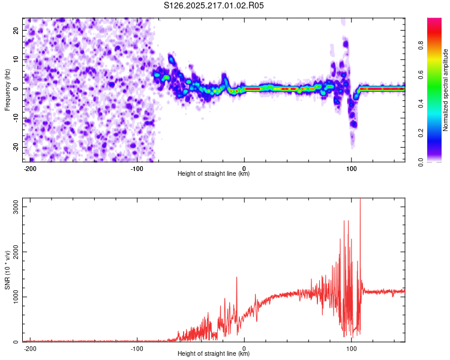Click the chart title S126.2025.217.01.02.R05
(x=214, y=5)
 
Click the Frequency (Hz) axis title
(x=7, y=90)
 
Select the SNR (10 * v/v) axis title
(x=7, y=270)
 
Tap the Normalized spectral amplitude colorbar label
(x=445, y=90)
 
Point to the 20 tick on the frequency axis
(x=16, y=30)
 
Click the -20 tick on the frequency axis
(x=16, y=148)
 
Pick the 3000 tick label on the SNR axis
(x=16, y=206)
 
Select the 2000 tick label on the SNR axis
(x=16, y=252)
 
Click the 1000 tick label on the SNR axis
(x=16, y=297)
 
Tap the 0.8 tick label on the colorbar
(x=421, y=46)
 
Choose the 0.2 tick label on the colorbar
(x=421, y=133)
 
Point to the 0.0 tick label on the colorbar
(x=421, y=162)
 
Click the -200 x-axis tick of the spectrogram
(x=29, y=169)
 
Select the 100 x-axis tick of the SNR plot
(x=351, y=349)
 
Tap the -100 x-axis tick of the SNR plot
(x=137, y=349)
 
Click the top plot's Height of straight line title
(x=214, y=173)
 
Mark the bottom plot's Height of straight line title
(x=214, y=353)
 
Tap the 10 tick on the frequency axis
(x=16, y=59)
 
